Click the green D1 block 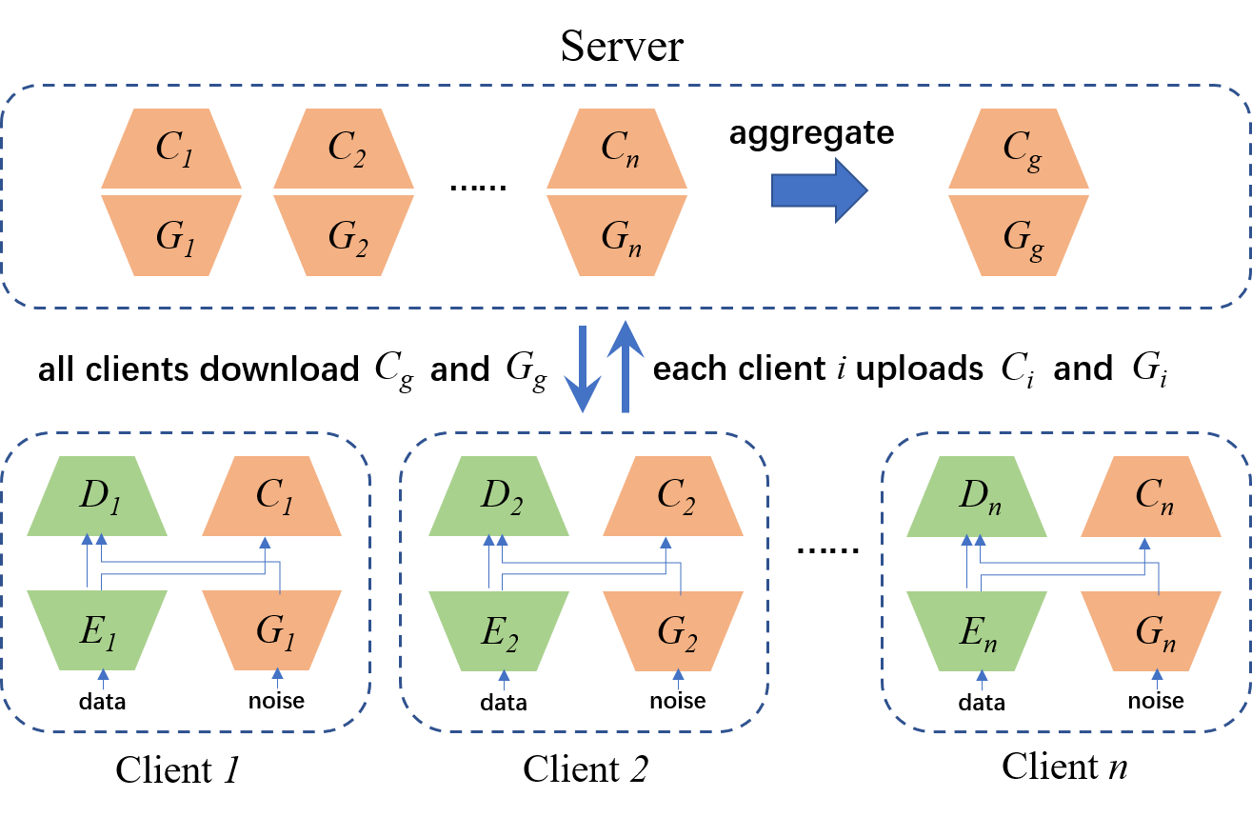(97, 496)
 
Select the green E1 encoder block (97, 630)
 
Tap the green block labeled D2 (499, 496)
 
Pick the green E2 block (499, 630)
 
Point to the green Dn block (977, 496)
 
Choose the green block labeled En (977, 630)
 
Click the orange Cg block (1019, 149)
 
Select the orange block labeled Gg (1019, 235)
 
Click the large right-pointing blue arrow (819, 190)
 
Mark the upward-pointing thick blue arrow (625, 366)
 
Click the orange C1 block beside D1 (272, 496)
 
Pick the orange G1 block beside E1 (272, 630)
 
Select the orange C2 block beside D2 (673, 496)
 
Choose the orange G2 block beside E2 (673, 630)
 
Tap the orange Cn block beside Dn (1151, 496)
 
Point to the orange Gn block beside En (1151, 630)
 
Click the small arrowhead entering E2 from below (505, 675)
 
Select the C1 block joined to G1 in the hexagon (171, 149)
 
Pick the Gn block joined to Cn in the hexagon (617, 235)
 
